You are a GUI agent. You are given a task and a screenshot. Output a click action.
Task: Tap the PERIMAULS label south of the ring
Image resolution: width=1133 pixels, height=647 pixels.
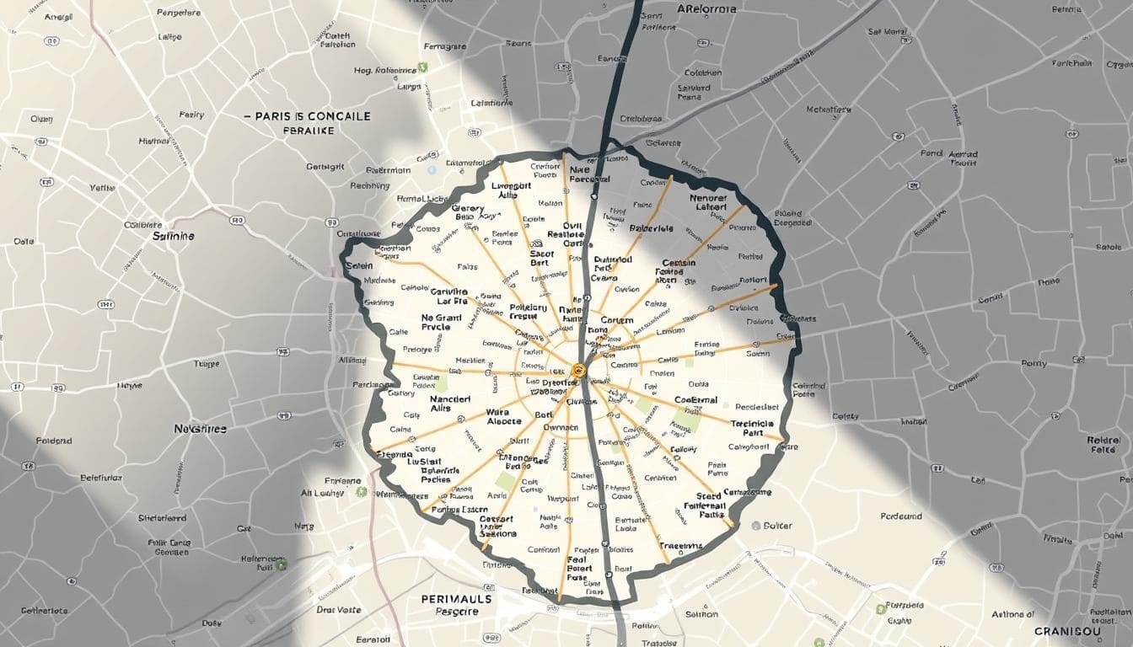pos(455,599)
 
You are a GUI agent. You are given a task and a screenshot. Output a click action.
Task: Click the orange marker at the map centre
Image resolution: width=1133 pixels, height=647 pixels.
pos(578,369)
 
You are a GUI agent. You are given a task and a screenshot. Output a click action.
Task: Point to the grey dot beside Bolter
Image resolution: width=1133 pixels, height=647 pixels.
pos(757,526)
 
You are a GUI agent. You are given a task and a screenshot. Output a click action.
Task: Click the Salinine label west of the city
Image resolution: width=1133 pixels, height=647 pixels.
pos(174,237)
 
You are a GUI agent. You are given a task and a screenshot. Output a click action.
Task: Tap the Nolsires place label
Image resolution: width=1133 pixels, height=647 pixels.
pos(201,429)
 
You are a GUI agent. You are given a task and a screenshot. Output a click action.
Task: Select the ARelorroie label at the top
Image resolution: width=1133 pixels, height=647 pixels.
pos(706,9)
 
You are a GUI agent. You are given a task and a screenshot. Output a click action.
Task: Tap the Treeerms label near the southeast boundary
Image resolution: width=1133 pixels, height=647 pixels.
pos(680,546)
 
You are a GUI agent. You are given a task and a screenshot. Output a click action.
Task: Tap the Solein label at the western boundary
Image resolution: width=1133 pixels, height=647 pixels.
pos(359,266)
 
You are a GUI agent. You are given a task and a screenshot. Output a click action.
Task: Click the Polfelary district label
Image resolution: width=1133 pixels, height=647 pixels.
pos(529,312)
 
